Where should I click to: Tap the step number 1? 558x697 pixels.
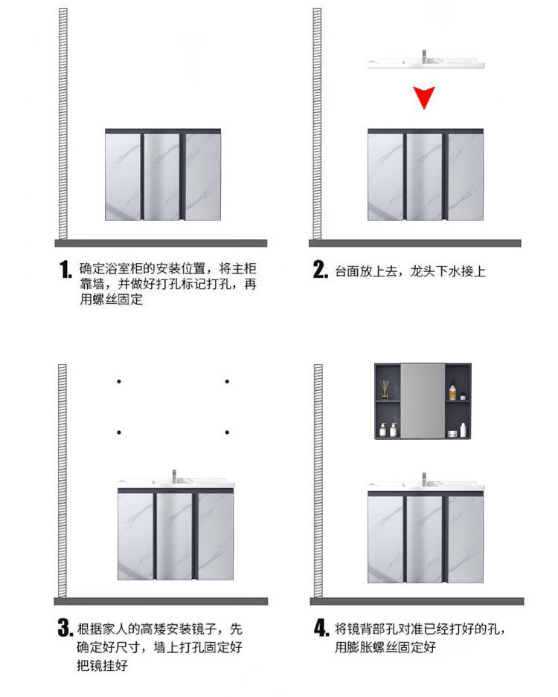click(x=65, y=270)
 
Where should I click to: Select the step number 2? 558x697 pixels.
click(x=320, y=270)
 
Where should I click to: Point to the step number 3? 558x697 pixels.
click(x=65, y=629)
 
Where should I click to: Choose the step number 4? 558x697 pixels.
click(x=321, y=629)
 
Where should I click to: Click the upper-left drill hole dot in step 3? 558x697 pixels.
click(x=118, y=382)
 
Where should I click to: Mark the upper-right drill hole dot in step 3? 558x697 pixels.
click(x=226, y=382)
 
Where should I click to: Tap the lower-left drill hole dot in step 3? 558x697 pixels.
click(x=118, y=432)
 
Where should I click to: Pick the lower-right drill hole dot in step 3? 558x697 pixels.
click(x=226, y=432)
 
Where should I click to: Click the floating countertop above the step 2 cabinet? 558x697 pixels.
click(x=426, y=64)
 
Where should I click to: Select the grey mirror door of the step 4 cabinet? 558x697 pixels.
click(x=423, y=401)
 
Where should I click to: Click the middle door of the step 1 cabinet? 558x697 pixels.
click(x=162, y=176)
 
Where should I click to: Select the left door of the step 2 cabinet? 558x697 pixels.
click(x=385, y=176)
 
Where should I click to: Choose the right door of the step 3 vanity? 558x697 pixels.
click(x=216, y=536)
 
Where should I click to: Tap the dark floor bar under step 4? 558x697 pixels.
click(x=414, y=600)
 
